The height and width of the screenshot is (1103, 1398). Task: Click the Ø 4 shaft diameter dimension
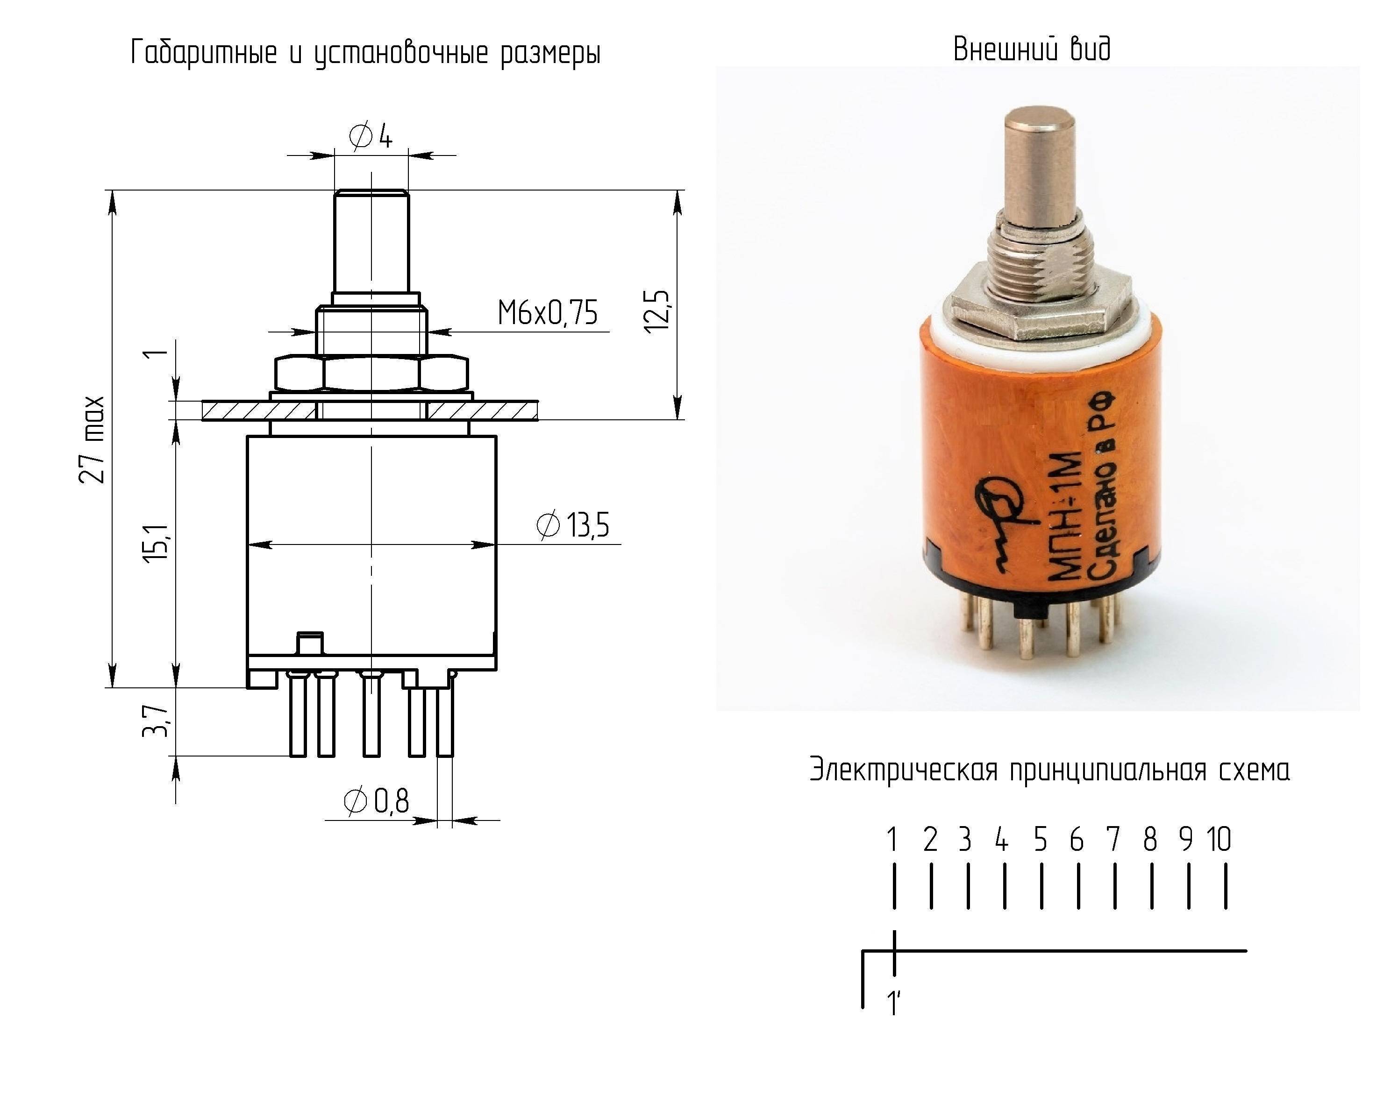pos(371,136)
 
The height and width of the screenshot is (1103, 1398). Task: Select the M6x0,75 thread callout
pos(547,313)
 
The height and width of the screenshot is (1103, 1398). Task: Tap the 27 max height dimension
pos(91,439)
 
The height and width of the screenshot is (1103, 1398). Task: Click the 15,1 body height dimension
pos(156,541)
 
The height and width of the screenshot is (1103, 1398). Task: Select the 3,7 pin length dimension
pos(156,721)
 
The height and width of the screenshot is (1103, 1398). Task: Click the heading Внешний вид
pos(1032,49)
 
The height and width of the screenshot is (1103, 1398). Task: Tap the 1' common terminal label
pos(893,1003)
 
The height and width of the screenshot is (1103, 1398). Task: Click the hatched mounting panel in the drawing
pos(370,410)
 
